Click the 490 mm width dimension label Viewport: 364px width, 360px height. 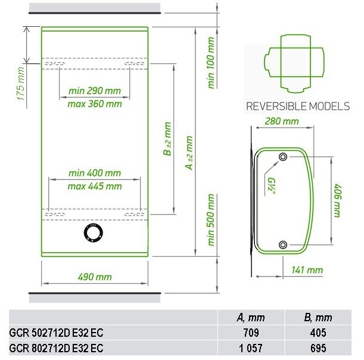tap(95, 277)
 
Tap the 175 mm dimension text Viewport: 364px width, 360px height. tap(21, 83)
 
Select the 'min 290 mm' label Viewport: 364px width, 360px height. tap(95, 91)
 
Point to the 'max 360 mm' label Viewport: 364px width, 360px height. tap(95, 104)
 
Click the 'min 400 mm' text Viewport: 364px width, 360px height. tap(95, 173)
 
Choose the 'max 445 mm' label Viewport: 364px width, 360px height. tap(95, 187)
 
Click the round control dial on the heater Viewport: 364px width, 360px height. tap(94, 233)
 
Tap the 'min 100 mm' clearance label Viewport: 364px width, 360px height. tap(211, 63)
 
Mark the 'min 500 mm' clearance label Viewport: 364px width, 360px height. tap(211, 220)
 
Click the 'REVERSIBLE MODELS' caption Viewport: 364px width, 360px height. tap(298, 106)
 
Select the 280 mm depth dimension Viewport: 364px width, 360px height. tap(282, 121)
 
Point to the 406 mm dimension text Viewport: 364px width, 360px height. tap(338, 201)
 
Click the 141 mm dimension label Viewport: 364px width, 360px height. tap(307, 270)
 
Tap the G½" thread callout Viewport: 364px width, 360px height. tap(271, 186)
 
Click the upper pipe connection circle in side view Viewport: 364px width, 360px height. tap(283, 157)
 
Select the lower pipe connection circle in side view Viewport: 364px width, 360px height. tap(283, 244)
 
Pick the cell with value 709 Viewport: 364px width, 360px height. tap(251, 333)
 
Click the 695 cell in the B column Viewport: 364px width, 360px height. tap(318, 348)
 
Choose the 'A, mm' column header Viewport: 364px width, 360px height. tap(251, 318)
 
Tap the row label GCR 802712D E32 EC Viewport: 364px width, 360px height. tap(56, 348)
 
